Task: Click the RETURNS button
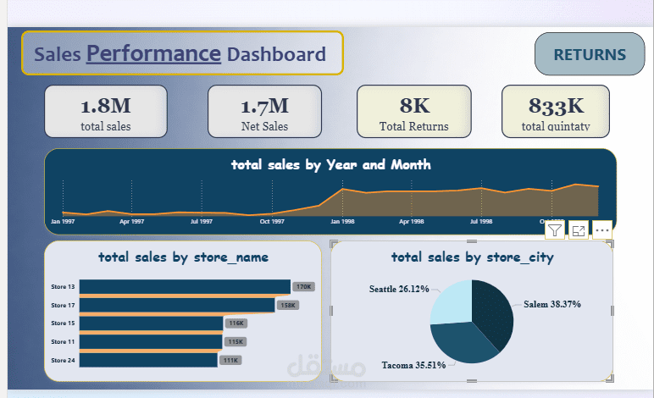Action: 590,55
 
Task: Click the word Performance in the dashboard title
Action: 153,54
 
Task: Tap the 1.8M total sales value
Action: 106,106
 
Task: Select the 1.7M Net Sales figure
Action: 264,106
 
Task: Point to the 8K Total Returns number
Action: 414,106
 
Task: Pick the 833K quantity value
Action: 557,106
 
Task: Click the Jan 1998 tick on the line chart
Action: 341,221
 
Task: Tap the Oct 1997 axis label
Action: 271,221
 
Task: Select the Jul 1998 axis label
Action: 480,221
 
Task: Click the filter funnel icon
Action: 555,229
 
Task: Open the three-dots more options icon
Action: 602,229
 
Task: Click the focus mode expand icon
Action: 579,229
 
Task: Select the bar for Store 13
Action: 169,287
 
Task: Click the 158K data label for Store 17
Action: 288,305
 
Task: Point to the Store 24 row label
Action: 63,361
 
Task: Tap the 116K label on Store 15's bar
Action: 236,323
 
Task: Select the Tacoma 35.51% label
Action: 413,366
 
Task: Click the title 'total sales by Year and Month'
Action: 330,164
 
